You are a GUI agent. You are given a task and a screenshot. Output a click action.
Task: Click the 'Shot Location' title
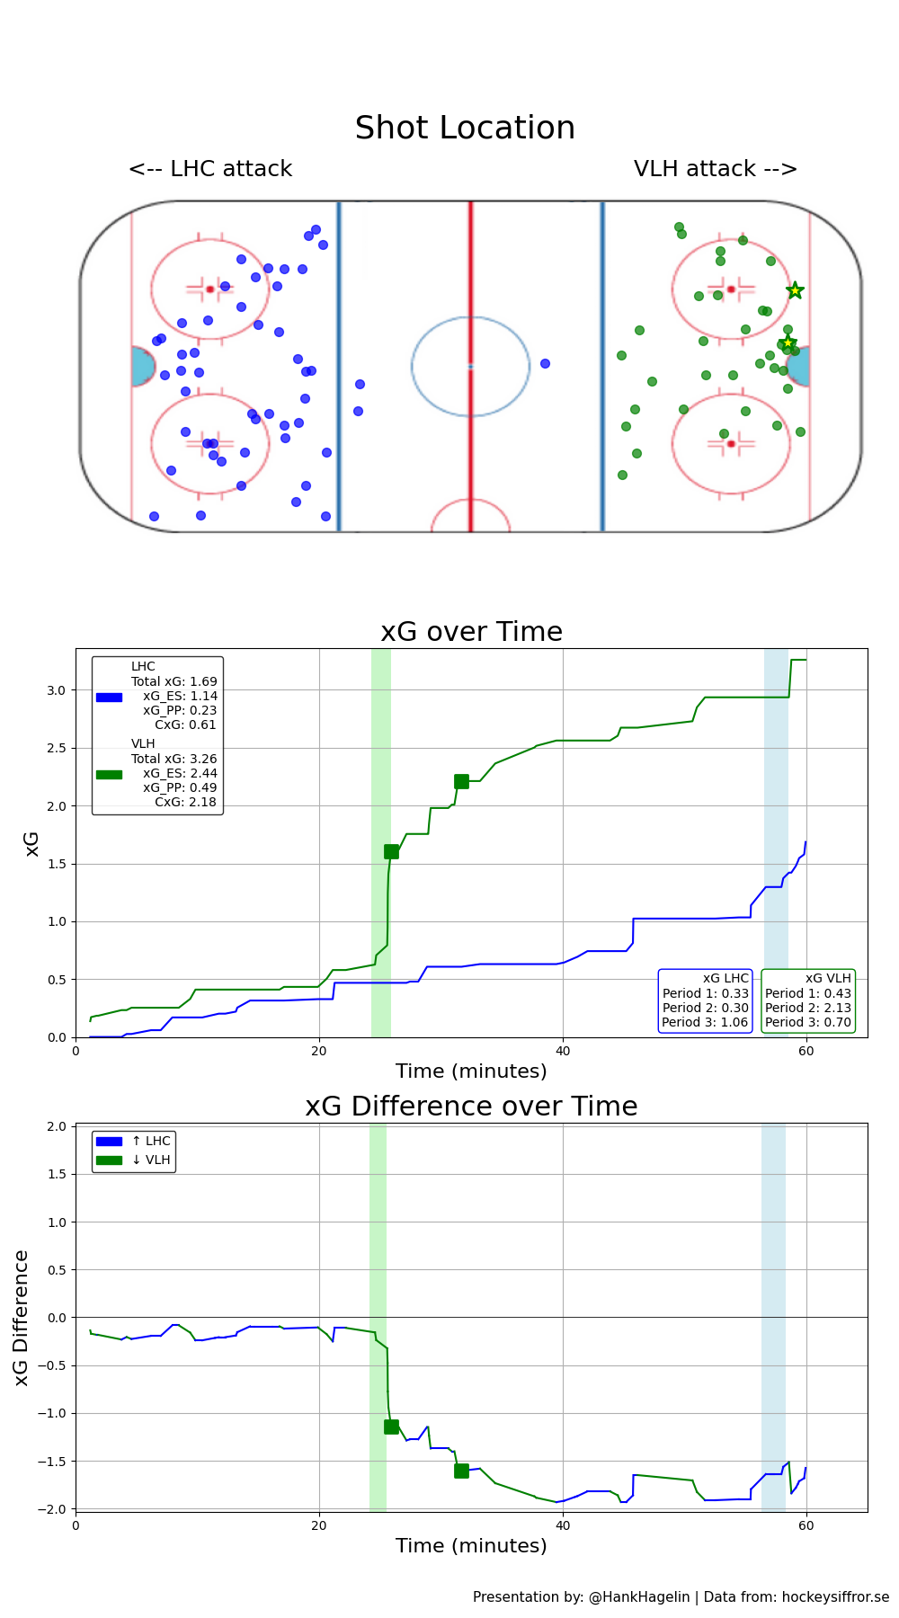point(465,129)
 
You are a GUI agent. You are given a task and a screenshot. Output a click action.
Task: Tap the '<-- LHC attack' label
point(210,169)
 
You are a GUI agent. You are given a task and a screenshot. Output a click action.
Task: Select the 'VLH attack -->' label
point(716,169)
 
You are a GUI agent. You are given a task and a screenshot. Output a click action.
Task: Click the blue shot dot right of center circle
point(545,364)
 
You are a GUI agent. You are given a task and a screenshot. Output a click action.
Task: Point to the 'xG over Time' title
point(471,632)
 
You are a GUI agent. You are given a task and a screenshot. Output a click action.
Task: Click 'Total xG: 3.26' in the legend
point(174,759)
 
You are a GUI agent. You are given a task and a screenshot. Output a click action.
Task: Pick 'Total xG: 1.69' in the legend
point(174,681)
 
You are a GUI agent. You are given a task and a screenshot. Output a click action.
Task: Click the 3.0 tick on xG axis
point(56,690)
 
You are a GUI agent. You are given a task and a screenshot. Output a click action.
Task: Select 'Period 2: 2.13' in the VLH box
point(807,1008)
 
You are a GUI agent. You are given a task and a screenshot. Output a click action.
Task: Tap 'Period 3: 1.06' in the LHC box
point(705,1022)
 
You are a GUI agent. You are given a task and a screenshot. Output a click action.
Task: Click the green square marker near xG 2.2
point(461,782)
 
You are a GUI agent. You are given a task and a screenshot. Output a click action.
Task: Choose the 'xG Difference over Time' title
point(471,1107)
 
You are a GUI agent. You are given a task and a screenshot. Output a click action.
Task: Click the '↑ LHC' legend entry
point(150,1142)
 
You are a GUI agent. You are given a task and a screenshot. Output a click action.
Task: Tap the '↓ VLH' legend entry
point(150,1160)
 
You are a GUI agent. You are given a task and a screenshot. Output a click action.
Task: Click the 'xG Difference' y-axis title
point(22,1318)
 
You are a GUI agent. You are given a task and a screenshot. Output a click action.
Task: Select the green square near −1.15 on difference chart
point(391,1427)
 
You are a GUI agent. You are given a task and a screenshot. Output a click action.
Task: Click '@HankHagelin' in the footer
point(638,1597)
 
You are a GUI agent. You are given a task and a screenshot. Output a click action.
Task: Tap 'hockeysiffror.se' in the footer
point(834,1597)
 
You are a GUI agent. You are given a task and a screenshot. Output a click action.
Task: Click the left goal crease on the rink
point(142,367)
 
